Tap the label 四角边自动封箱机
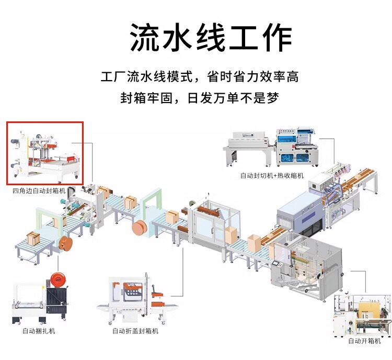coord(39,191)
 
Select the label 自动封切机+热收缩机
coord(272,176)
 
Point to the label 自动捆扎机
coord(39,331)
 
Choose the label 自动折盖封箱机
coord(135,331)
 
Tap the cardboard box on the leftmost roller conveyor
coord(33,238)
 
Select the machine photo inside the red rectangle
coord(44,153)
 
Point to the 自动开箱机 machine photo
coord(361,313)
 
